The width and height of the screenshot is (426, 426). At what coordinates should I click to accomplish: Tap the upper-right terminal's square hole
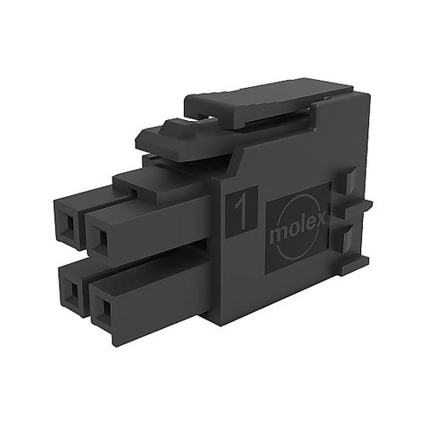pyautogui.click(x=103, y=238)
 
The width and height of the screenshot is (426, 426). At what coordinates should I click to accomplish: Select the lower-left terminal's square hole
pyautogui.click(x=74, y=291)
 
